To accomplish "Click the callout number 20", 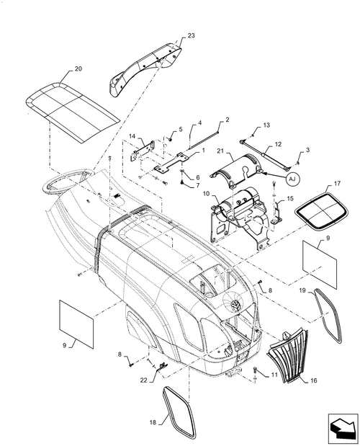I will tap(78, 69).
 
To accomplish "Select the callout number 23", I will tap(171, 35).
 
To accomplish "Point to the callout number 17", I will tap(336, 183).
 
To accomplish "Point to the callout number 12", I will tap(277, 145).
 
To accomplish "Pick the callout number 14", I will tap(132, 136).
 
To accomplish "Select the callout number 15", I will tap(289, 199).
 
